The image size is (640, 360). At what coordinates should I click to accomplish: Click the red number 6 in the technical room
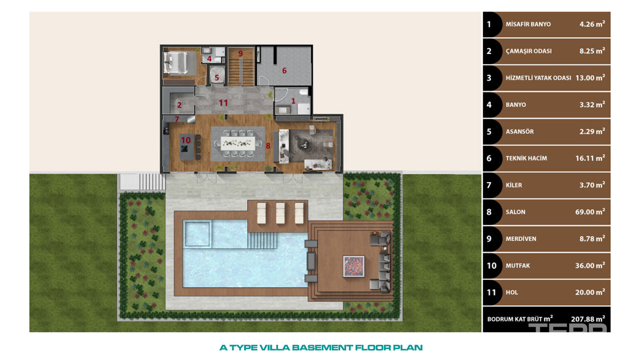click(x=284, y=70)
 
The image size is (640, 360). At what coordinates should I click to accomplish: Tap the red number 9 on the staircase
click(x=240, y=53)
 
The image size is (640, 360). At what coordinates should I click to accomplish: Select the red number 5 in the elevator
click(x=217, y=78)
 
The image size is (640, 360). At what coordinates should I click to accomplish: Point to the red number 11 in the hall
click(x=223, y=103)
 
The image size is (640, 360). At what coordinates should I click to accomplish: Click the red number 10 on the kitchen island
click(x=186, y=140)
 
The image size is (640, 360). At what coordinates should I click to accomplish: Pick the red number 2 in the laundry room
click(x=179, y=105)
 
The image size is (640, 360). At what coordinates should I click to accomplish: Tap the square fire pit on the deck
click(x=354, y=266)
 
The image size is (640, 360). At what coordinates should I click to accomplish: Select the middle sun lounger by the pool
click(x=280, y=213)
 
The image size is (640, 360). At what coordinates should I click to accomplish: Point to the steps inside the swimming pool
click(x=262, y=240)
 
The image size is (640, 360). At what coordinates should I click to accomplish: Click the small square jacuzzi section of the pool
click(x=197, y=234)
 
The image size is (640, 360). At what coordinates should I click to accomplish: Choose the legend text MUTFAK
click(x=517, y=266)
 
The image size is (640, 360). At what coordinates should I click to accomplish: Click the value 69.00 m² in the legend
click(x=590, y=212)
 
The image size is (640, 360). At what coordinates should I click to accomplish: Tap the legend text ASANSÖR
click(x=520, y=132)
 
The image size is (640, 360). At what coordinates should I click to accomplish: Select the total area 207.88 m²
click(x=588, y=318)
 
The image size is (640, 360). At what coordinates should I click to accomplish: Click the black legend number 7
click(x=489, y=185)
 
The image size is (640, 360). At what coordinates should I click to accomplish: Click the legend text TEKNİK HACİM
click(x=526, y=159)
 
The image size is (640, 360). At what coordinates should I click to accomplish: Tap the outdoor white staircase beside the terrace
click(x=142, y=181)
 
